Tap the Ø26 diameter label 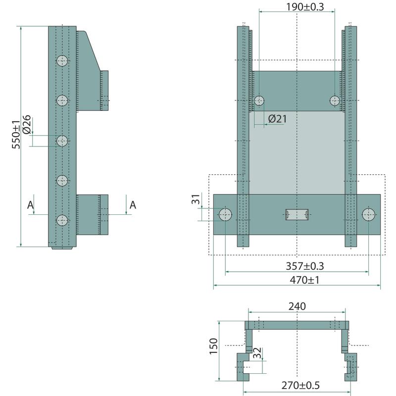tap(27, 124)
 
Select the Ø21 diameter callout tap(277, 119)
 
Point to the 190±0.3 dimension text tap(305, 6)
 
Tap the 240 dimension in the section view tap(297, 306)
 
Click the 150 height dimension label tap(213, 346)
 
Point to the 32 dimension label tap(256, 354)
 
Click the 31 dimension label tap(196, 200)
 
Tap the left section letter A tap(31, 204)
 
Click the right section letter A tap(132, 204)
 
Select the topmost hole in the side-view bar tap(62, 61)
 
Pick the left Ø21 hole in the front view tap(259, 101)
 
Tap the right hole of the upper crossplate tap(335, 101)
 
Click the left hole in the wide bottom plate tap(226, 214)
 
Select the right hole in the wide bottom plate tap(368, 214)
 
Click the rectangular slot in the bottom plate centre tap(297, 214)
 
